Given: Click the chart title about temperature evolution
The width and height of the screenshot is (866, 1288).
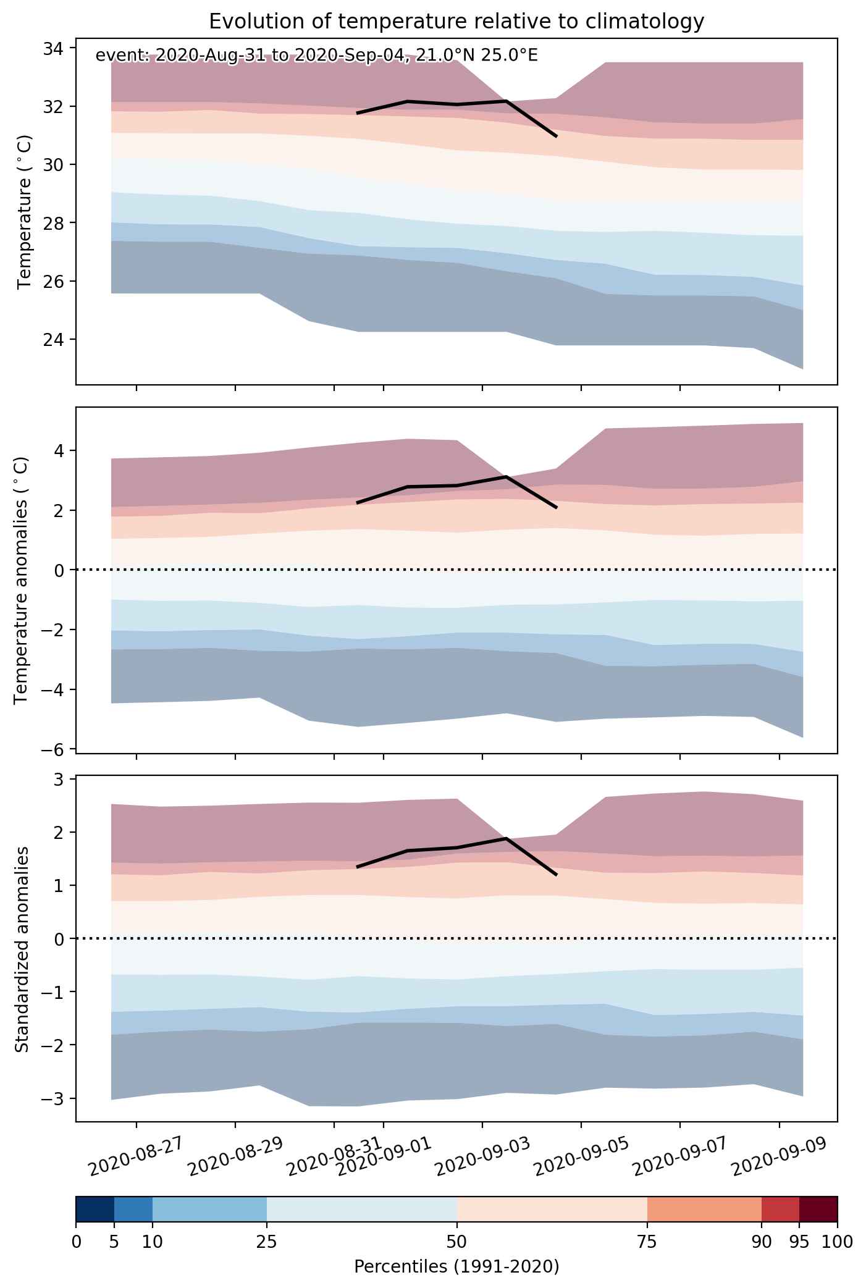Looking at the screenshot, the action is [456, 21].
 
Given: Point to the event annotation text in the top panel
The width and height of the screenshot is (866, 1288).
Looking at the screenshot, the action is [317, 56].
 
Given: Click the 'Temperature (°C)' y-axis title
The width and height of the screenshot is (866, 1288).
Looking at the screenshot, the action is [24, 212].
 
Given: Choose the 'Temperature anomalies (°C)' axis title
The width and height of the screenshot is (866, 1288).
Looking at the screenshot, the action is [22, 580].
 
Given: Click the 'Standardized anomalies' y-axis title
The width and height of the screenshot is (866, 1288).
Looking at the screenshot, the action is [22, 949].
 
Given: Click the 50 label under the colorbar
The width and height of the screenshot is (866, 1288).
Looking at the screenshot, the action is [456, 1242].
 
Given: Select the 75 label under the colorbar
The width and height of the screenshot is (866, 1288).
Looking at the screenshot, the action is [647, 1242].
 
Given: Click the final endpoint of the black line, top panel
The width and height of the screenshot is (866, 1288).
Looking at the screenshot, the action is [557, 136].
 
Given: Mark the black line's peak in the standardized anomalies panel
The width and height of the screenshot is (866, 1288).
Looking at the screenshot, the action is [507, 838].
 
